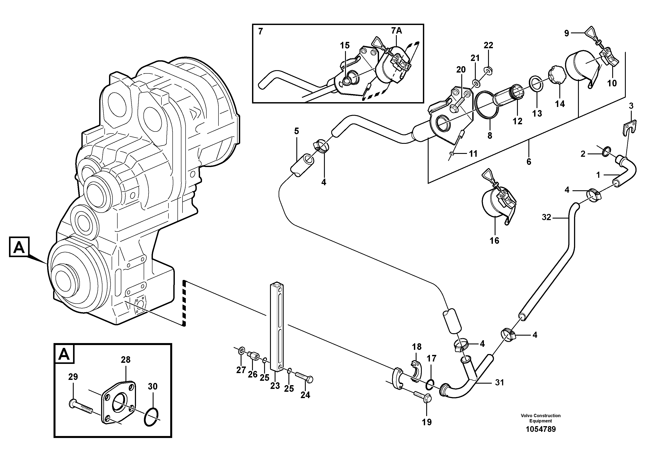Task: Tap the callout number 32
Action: pyautogui.click(x=546, y=217)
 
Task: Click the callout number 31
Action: pyautogui.click(x=499, y=383)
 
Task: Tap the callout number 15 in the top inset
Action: pyautogui.click(x=345, y=45)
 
